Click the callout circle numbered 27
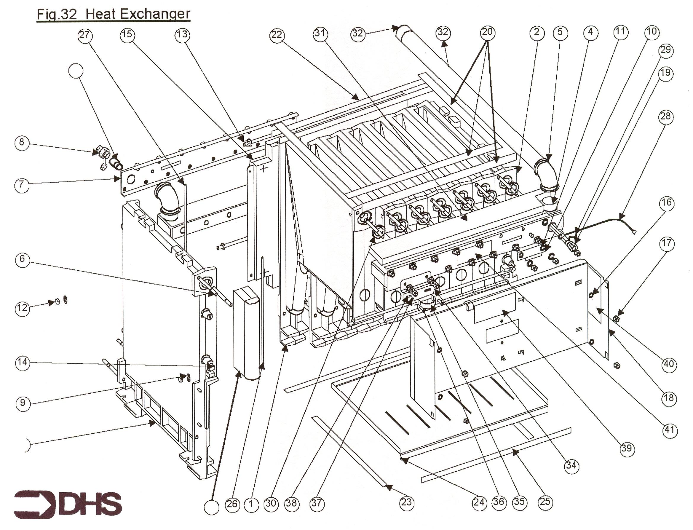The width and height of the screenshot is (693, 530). click(x=85, y=35)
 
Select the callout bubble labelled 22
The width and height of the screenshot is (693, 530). click(x=277, y=35)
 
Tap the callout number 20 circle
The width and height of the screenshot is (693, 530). click(x=487, y=32)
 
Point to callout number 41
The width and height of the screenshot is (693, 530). click(x=669, y=430)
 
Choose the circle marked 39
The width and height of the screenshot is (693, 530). click(x=626, y=448)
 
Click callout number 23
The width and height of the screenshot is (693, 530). click(x=406, y=502)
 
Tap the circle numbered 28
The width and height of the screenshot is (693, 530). click(x=665, y=117)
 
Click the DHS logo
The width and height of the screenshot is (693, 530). click(x=68, y=504)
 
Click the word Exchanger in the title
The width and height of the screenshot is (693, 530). click(x=138, y=14)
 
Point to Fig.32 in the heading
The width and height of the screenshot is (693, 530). click(x=57, y=14)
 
